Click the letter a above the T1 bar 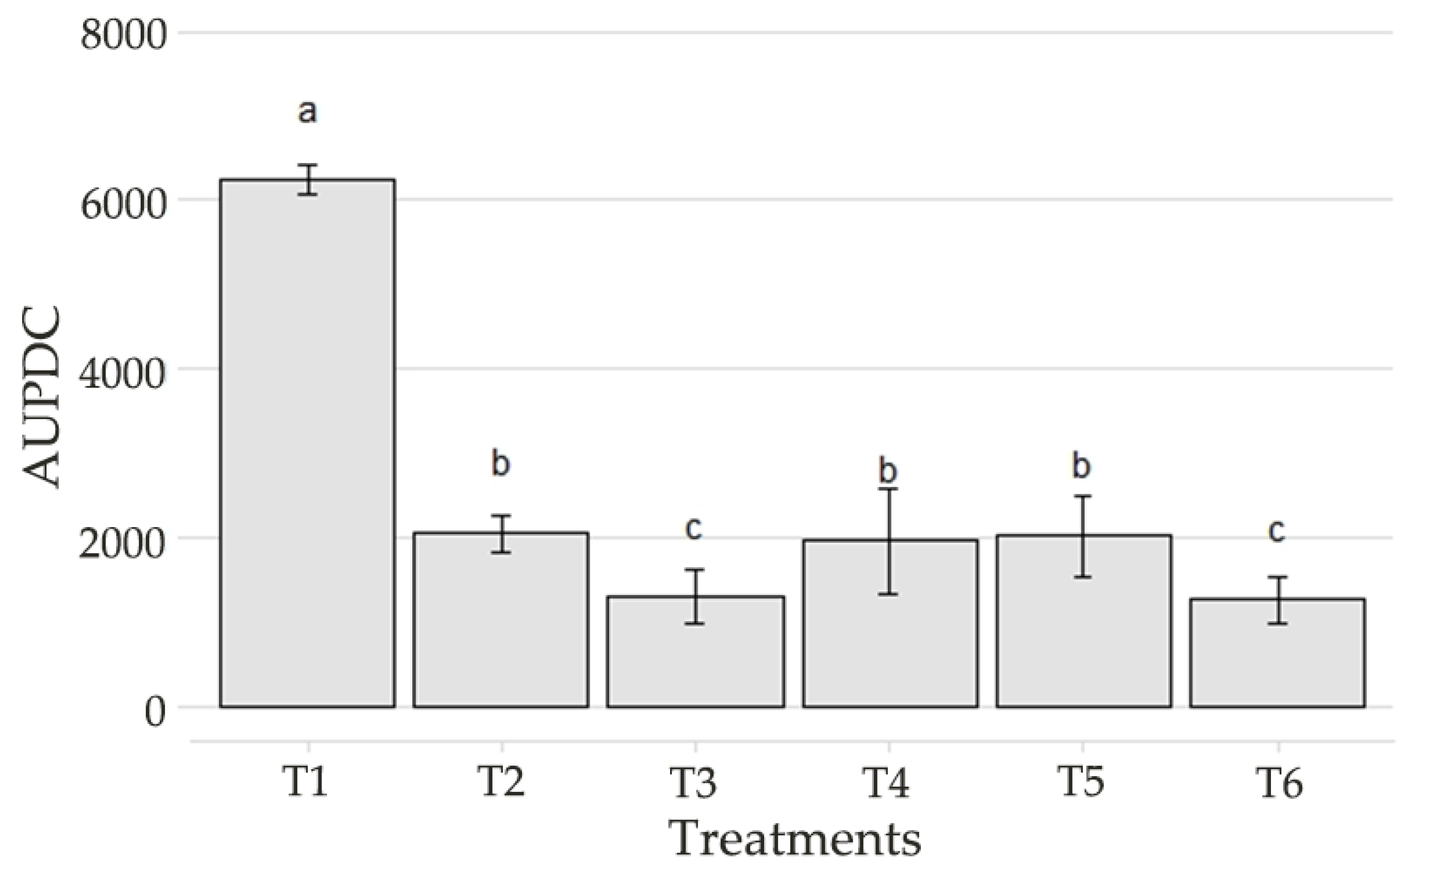308,112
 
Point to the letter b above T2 500,464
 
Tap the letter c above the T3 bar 694,528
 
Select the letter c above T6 1276,531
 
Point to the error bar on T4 888,542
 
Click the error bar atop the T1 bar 308,180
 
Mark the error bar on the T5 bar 1082,537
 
